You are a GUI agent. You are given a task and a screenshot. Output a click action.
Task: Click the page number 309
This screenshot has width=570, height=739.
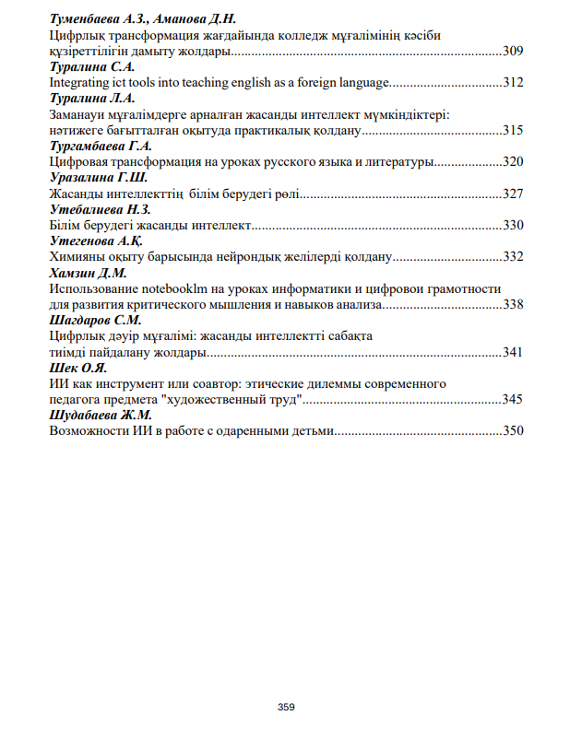pyautogui.click(x=513, y=50)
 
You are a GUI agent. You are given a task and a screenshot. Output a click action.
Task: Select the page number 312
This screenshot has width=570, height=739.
pyautogui.click(x=513, y=82)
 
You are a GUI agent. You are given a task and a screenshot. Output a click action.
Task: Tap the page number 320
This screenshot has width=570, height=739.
pyautogui.click(x=513, y=161)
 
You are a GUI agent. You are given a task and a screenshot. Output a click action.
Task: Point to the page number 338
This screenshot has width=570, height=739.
pyautogui.click(x=513, y=304)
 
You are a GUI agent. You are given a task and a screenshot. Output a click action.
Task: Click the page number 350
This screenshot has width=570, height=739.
pyautogui.click(x=513, y=430)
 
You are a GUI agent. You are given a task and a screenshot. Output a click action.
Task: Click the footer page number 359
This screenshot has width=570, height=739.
pyautogui.click(x=286, y=707)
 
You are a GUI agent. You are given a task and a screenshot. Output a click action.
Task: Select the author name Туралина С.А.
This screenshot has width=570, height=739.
pyautogui.click(x=92, y=66)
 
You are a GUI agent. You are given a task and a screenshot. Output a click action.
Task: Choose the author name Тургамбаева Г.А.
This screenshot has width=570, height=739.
pyautogui.click(x=101, y=146)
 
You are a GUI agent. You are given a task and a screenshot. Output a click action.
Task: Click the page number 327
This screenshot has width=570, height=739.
pyautogui.click(x=513, y=194)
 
